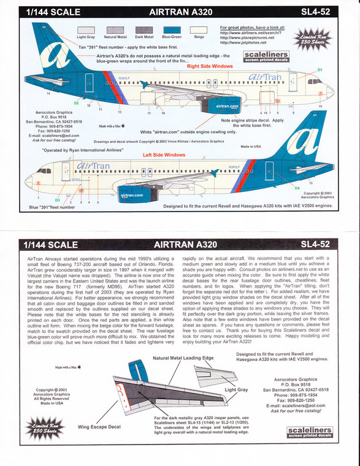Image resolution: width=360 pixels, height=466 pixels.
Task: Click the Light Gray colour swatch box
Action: pos(85,29)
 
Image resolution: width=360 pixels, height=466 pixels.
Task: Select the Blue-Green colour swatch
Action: pos(172,29)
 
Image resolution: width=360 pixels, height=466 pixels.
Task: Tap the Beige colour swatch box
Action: pos(200,29)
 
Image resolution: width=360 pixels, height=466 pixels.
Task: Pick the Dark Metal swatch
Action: pos(144,29)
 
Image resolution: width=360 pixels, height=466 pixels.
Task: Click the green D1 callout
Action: pos(320,71)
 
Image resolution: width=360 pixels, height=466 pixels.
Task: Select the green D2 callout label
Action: pos(76,103)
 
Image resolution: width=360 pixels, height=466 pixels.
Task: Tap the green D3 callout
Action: pos(58,200)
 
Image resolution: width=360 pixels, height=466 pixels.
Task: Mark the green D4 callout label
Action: pos(297,188)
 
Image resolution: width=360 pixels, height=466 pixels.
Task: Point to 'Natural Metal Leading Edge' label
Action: pos(183,358)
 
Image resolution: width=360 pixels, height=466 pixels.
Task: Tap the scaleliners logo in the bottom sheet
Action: pos(309,432)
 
